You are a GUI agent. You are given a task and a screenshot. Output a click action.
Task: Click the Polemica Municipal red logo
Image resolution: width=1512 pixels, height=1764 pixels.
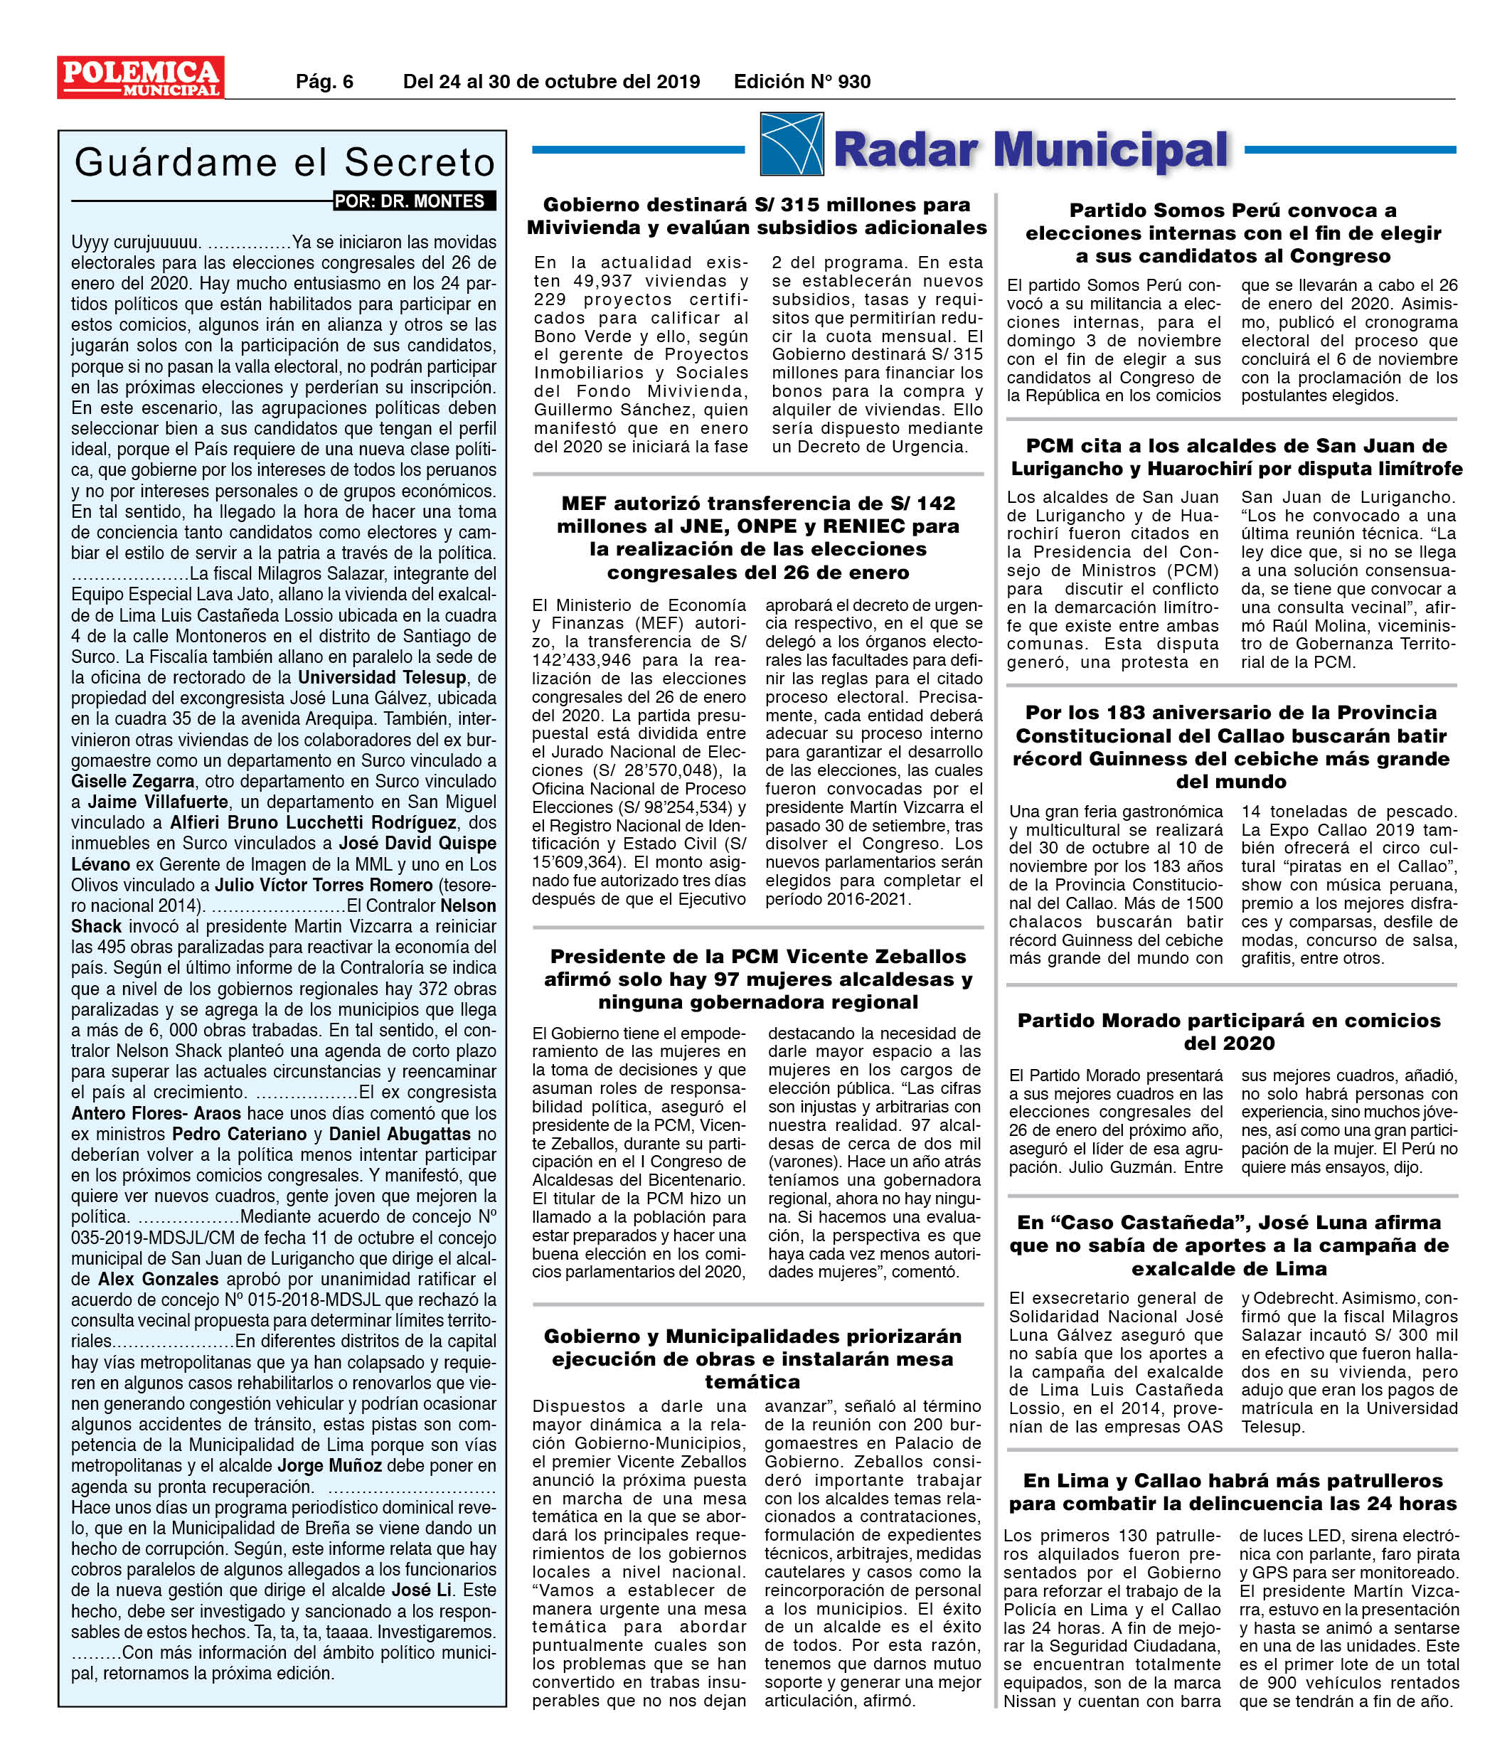(x=141, y=78)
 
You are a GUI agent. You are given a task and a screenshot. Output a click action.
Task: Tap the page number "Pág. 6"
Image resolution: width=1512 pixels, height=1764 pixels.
(x=324, y=82)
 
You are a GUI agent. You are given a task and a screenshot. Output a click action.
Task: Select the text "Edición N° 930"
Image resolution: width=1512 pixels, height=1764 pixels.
(x=802, y=82)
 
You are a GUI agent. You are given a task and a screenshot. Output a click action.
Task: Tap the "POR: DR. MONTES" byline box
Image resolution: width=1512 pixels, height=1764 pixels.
(x=414, y=202)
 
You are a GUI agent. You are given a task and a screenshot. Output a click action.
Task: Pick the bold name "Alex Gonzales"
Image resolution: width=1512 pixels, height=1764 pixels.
(x=159, y=1279)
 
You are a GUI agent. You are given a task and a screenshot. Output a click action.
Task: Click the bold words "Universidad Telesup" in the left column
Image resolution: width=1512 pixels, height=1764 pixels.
(x=382, y=678)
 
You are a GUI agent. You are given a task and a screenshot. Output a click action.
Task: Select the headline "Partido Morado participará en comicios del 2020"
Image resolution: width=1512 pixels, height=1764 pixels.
(x=1230, y=1031)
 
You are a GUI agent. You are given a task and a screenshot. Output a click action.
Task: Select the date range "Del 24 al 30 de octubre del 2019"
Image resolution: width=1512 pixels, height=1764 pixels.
(x=551, y=82)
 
